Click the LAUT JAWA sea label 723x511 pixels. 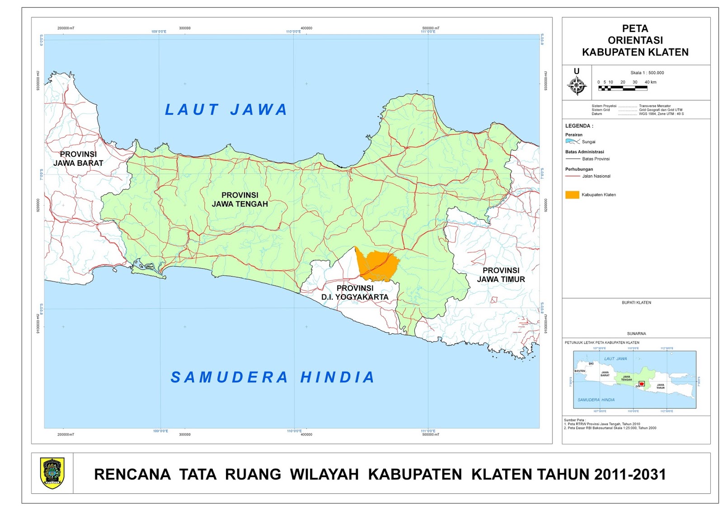[226, 110]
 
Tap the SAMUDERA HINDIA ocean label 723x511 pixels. [272, 377]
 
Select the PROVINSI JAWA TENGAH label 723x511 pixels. [240, 199]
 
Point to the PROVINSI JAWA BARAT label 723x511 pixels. [78, 159]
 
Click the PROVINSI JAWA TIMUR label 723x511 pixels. [501, 275]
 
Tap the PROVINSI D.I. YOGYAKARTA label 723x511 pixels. [355, 292]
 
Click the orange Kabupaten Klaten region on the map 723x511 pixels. [379, 265]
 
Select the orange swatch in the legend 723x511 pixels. [572, 195]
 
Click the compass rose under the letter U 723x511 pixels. [577, 85]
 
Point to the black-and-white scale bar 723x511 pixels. [623, 89]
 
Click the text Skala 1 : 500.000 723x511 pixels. [647, 73]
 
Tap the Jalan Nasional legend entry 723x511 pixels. [596, 176]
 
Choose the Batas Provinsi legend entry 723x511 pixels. [596, 159]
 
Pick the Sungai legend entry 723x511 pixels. [588, 142]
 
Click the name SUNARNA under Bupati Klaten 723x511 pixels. [636, 333]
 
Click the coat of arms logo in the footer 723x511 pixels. [52, 473]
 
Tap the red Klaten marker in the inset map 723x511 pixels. [641, 384]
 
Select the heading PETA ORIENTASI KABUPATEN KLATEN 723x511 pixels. [635, 41]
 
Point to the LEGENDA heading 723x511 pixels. [579, 126]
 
